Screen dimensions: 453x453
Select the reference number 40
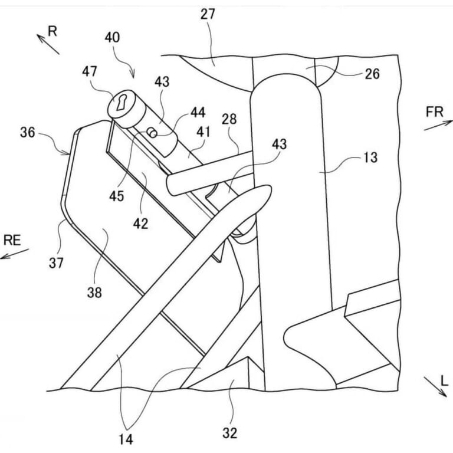coord(113,38)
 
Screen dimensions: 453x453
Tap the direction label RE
coord(13,239)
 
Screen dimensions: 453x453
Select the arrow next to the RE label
coord(14,254)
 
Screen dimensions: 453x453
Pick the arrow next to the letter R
coord(48,44)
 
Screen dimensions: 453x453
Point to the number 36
coord(27,133)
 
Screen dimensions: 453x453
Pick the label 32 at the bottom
coord(230,434)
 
